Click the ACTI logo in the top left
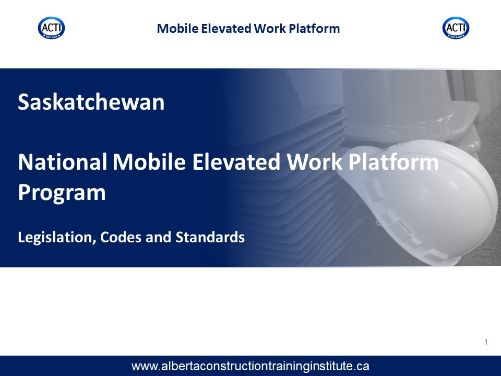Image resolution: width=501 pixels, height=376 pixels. click(52, 28)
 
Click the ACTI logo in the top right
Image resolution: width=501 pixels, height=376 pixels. click(456, 28)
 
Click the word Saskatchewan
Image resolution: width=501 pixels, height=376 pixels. click(91, 102)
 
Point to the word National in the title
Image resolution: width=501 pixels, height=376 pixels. click(63, 162)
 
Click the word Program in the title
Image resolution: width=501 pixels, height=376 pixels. click(62, 193)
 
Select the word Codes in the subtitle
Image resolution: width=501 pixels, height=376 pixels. click(121, 237)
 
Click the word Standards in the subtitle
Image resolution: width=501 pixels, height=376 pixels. click(210, 237)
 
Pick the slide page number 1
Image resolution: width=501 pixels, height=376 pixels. click(486, 342)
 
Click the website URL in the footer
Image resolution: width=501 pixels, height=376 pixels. click(250, 366)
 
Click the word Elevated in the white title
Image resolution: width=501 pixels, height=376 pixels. click(236, 162)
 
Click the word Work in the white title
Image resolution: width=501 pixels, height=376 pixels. click(314, 162)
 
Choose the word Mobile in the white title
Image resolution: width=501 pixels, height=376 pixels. click(149, 162)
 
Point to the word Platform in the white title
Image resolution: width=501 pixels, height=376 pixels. click(393, 162)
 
